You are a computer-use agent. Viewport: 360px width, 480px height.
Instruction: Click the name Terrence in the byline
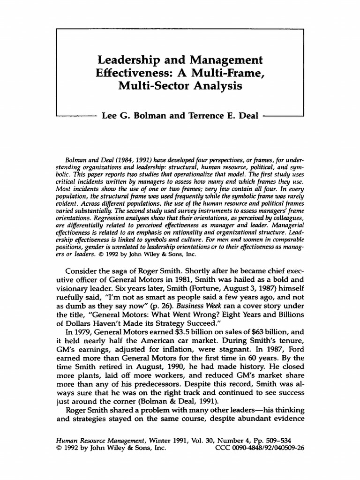point(210,115)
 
